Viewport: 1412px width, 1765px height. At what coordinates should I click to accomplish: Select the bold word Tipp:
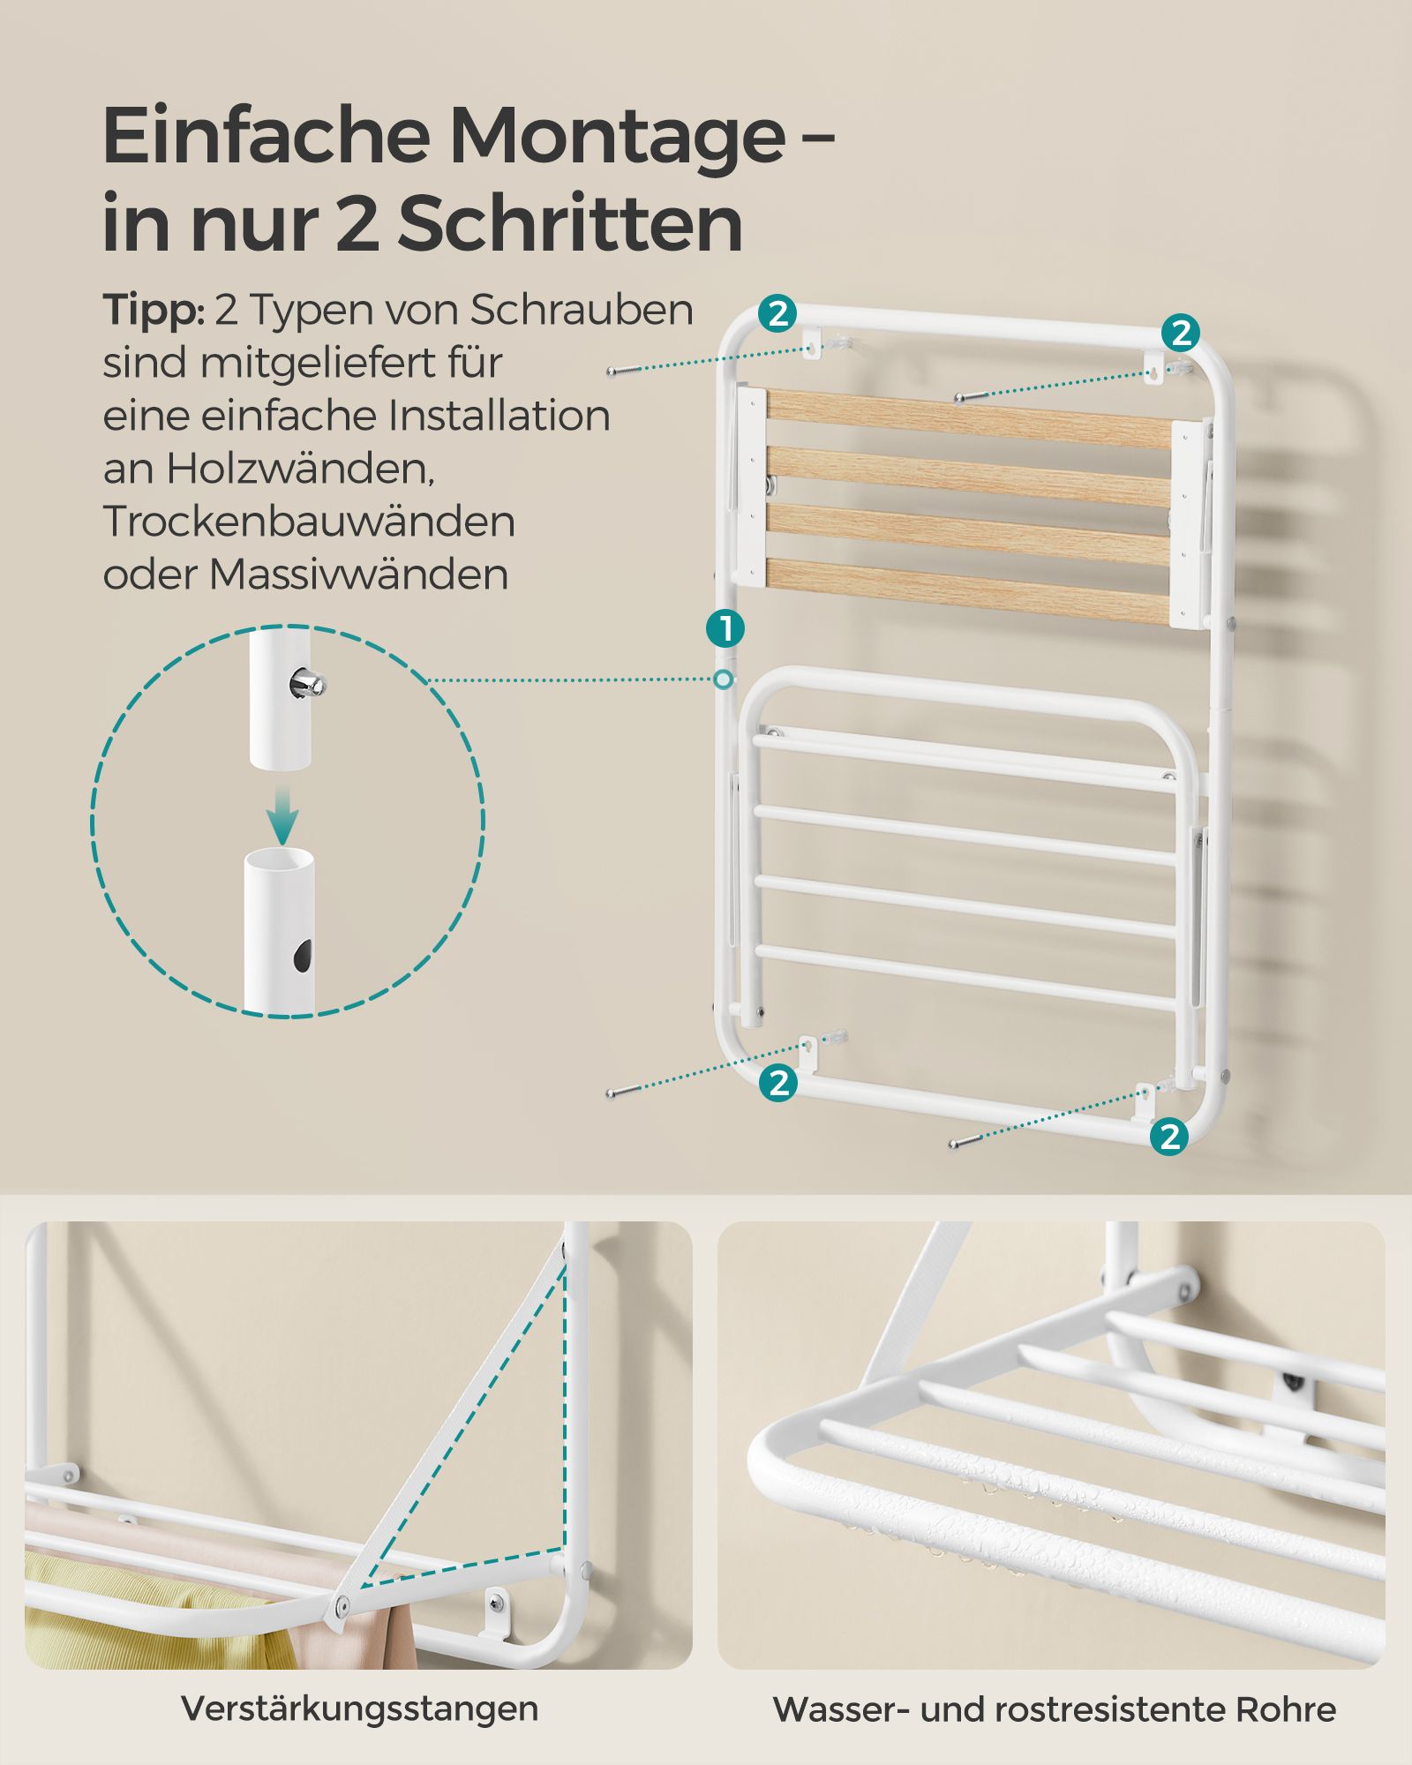click(154, 311)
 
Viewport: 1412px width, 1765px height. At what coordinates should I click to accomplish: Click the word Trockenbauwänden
click(309, 522)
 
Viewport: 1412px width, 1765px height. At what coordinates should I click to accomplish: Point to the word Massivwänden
click(358, 575)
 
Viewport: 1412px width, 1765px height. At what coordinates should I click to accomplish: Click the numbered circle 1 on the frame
click(725, 629)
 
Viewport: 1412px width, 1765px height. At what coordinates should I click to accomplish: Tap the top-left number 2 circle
click(777, 313)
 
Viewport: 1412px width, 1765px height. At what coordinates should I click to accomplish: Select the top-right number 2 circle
click(1181, 333)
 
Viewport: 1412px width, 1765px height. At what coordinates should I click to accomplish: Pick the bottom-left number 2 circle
click(778, 1082)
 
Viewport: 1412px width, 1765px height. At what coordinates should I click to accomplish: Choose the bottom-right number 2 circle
click(1170, 1135)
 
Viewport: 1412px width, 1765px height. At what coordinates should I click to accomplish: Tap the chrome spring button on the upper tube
click(308, 682)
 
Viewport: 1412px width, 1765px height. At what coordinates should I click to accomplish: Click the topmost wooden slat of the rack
click(969, 420)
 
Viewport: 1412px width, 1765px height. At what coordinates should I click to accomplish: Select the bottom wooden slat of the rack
click(969, 589)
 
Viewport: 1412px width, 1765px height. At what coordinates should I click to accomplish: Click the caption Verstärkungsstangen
click(359, 1709)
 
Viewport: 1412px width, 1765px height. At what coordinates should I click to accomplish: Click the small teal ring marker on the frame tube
click(724, 679)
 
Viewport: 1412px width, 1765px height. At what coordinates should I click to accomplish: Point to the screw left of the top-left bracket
click(625, 372)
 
